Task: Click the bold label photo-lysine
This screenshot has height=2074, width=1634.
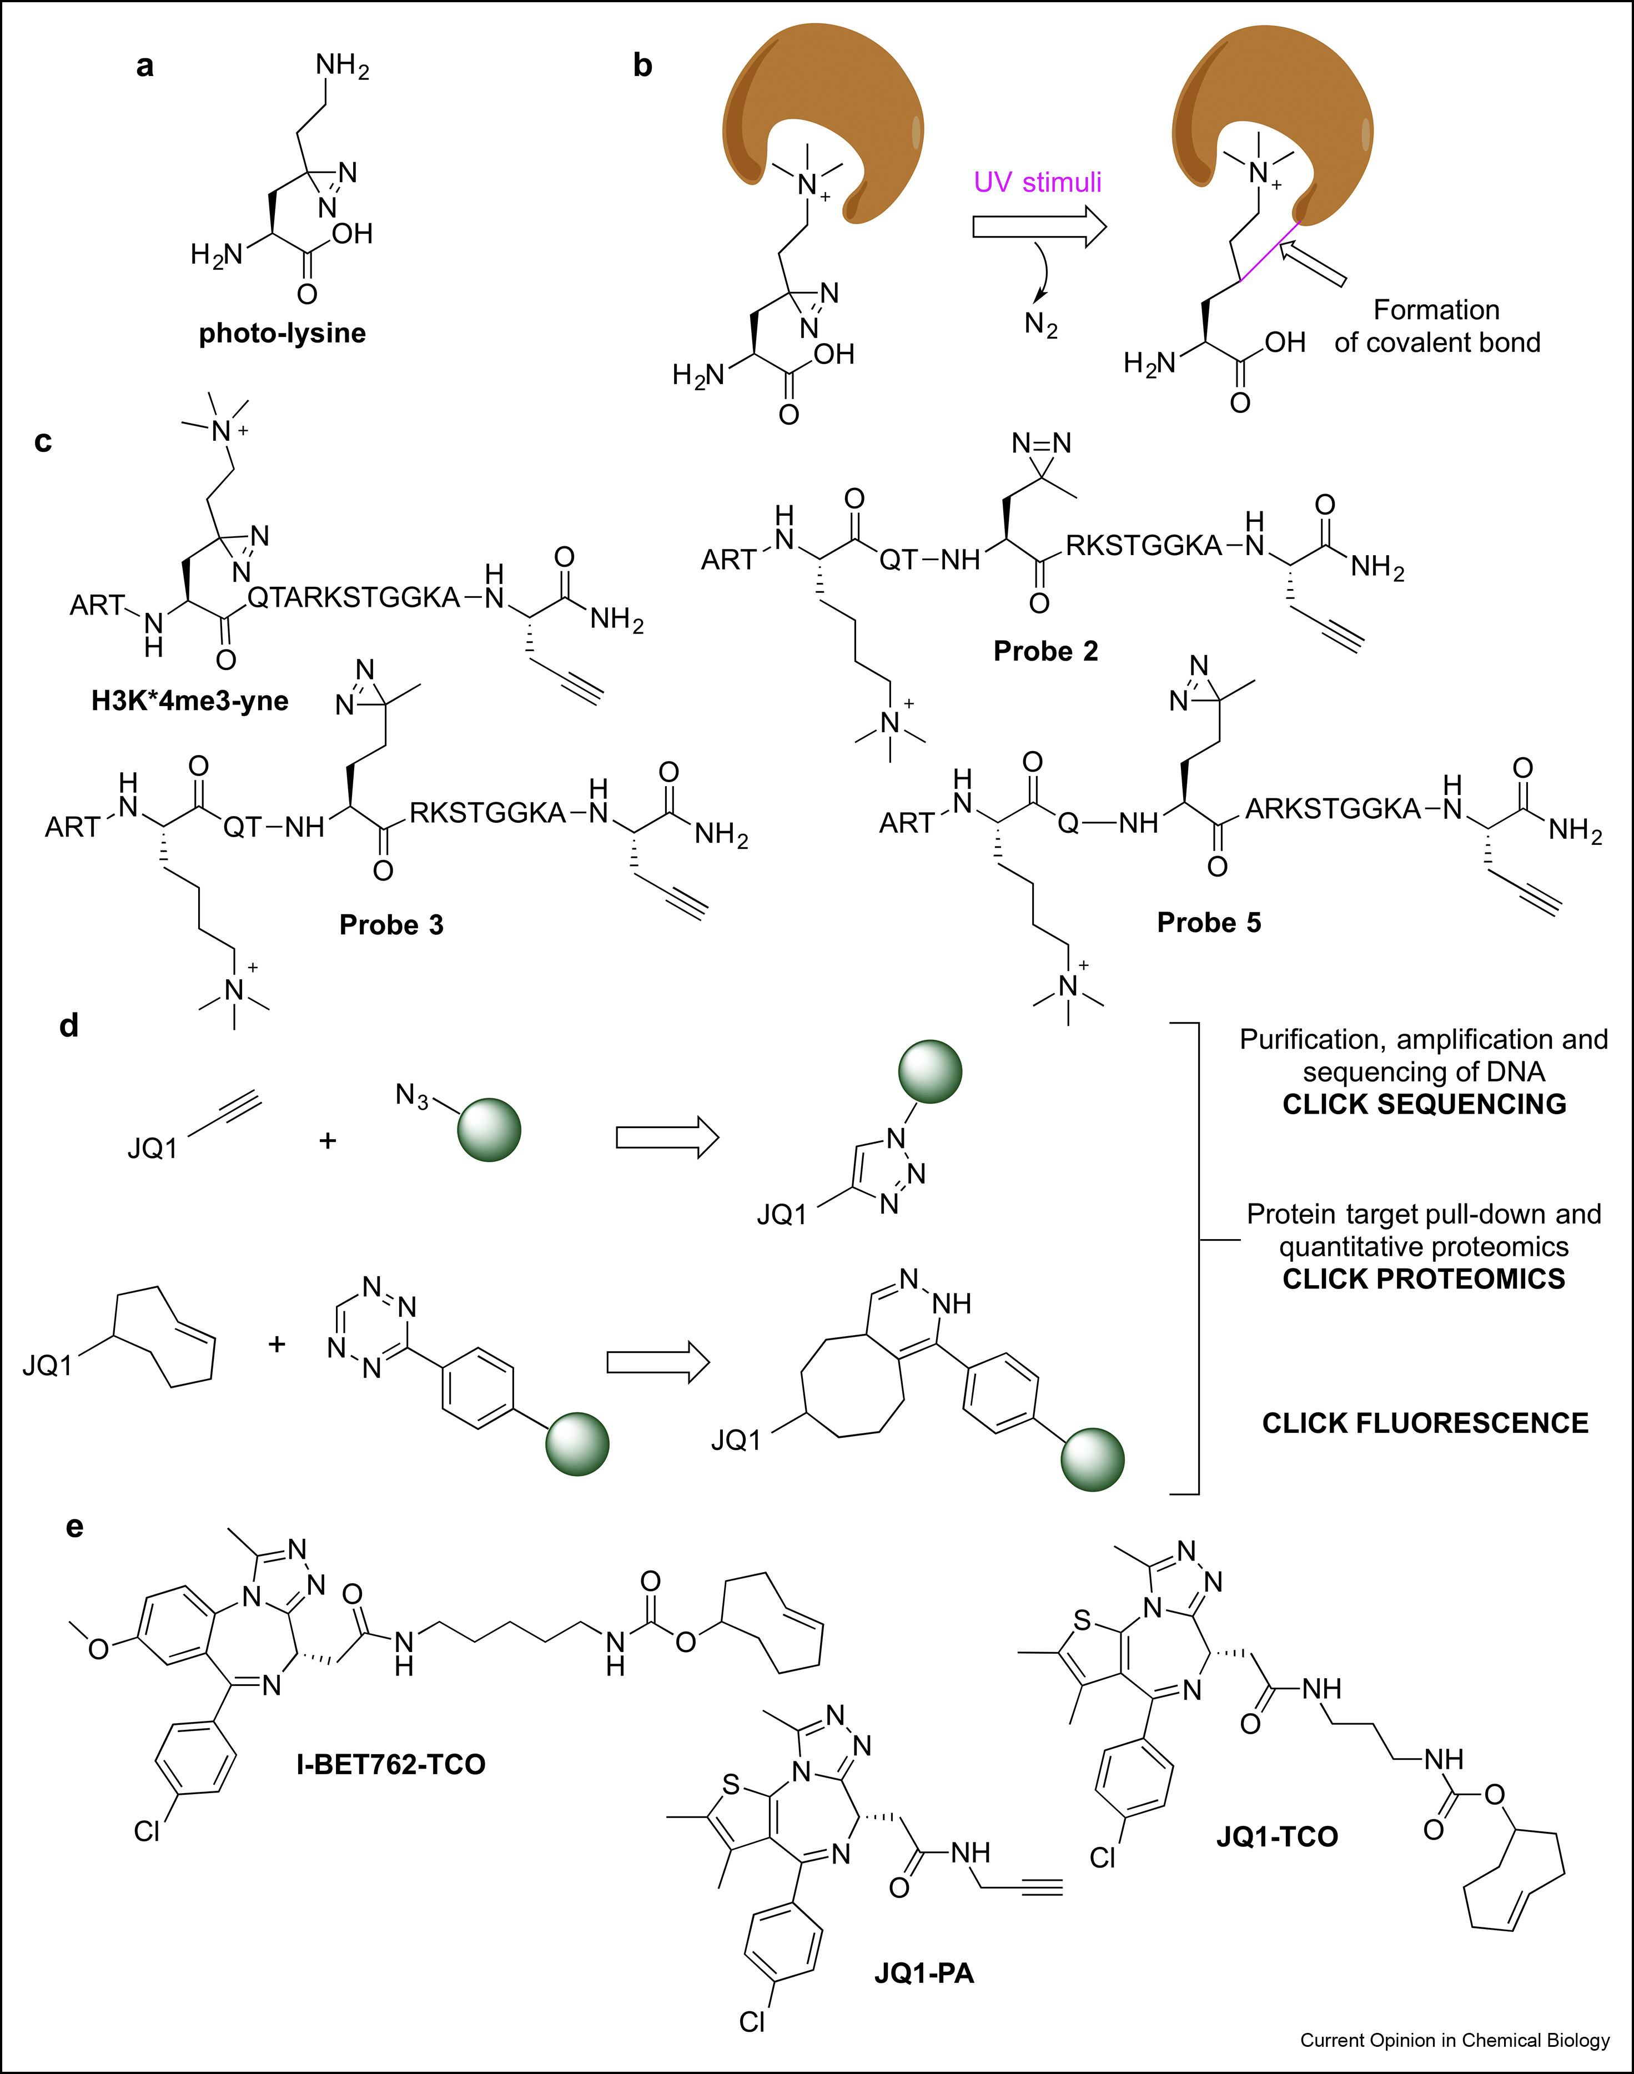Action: pos(282,333)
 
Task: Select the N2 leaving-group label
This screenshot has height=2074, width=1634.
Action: pos(1041,325)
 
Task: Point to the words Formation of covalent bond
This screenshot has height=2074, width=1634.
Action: pos(1437,326)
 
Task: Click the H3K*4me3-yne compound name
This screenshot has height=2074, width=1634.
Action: pos(189,700)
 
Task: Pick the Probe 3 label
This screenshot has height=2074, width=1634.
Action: pos(391,924)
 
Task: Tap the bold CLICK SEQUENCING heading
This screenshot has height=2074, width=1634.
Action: pos(1424,1104)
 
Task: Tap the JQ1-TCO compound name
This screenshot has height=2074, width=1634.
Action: pos(1276,1836)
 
